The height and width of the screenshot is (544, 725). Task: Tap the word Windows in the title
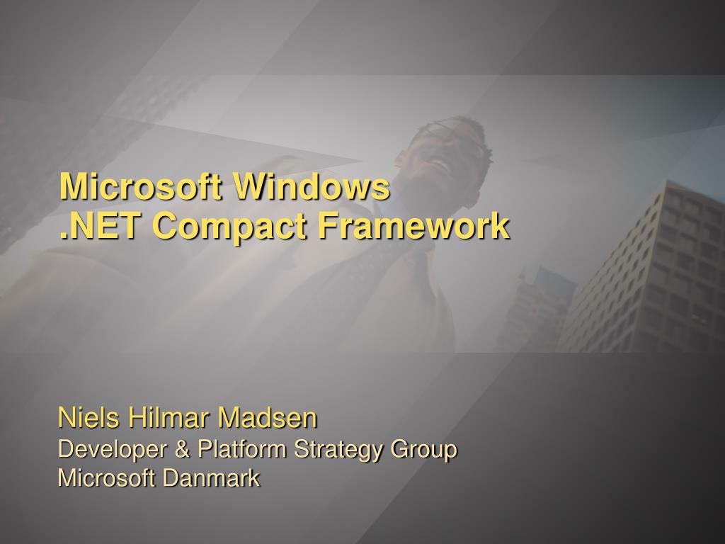point(312,187)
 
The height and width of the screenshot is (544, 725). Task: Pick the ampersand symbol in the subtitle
point(183,449)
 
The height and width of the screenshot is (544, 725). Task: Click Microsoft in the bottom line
point(106,478)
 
